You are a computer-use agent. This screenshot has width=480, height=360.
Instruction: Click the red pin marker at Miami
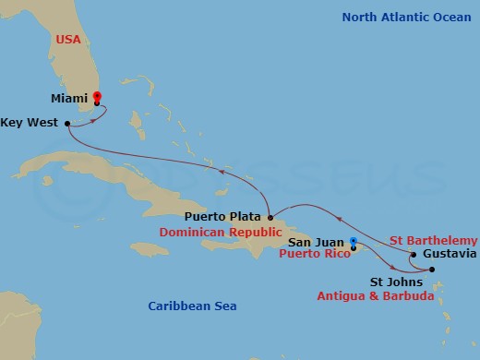[x=97, y=96]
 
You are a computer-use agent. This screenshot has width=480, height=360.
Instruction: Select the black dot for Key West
[x=67, y=122]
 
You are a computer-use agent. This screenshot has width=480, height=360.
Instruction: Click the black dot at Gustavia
[x=414, y=254]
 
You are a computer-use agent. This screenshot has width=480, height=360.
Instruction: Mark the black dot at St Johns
[x=432, y=270]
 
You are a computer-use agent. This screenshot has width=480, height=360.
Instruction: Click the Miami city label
[x=69, y=97]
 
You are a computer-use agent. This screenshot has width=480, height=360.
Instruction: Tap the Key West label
[x=30, y=122]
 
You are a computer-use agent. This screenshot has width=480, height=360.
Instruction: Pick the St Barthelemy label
[x=434, y=239]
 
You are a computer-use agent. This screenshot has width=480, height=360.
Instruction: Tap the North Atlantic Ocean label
[x=406, y=17]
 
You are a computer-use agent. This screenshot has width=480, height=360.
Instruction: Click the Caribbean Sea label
[x=193, y=306]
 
